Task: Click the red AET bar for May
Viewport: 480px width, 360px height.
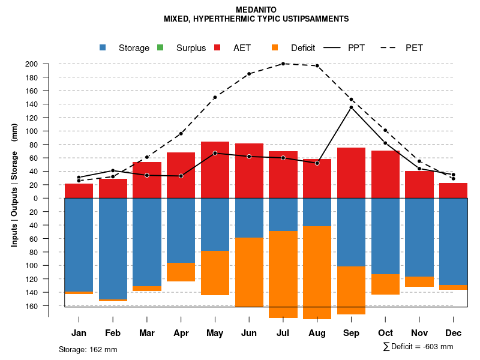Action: tap(215, 170)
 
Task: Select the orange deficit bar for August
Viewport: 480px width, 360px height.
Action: tap(317, 272)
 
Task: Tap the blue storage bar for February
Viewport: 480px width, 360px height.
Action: tap(113, 248)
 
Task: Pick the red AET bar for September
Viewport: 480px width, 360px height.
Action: tap(351, 173)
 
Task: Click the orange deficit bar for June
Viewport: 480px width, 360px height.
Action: tap(249, 272)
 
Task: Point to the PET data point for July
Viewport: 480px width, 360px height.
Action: tap(283, 64)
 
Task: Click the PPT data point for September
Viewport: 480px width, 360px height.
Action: tap(351, 107)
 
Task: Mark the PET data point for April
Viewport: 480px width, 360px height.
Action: tap(181, 133)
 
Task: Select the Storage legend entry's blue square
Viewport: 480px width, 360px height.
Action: tap(103, 48)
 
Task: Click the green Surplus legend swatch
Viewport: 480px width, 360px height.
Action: tap(161, 48)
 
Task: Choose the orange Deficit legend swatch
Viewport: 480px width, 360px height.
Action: tap(275, 48)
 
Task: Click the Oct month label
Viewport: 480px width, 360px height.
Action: tap(385, 333)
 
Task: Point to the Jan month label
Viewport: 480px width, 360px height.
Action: tap(79, 333)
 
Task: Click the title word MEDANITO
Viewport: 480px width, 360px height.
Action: tap(256, 10)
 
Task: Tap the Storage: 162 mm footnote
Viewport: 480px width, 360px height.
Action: tap(88, 349)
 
